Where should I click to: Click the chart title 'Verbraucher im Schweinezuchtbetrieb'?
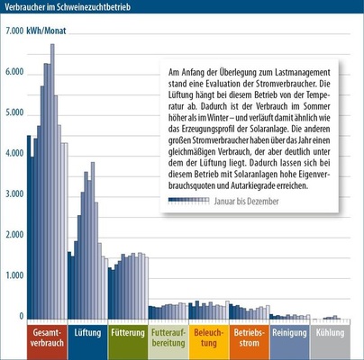click(x=68, y=7)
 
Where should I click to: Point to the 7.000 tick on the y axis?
click(x=14, y=31)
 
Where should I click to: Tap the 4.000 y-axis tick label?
click(x=14, y=153)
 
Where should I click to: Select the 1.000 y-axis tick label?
click(x=14, y=275)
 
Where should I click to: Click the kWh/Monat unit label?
click(x=46, y=31)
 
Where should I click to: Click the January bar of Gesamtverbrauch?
click(x=29, y=227)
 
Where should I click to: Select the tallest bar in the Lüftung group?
click(x=93, y=240)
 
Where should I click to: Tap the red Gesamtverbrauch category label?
click(x=47, y=337)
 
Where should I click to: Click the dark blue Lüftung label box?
click(x=87, y=342)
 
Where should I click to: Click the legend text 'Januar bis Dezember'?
click(x=246, y=202)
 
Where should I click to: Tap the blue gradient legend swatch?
click(x=188, y=201)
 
